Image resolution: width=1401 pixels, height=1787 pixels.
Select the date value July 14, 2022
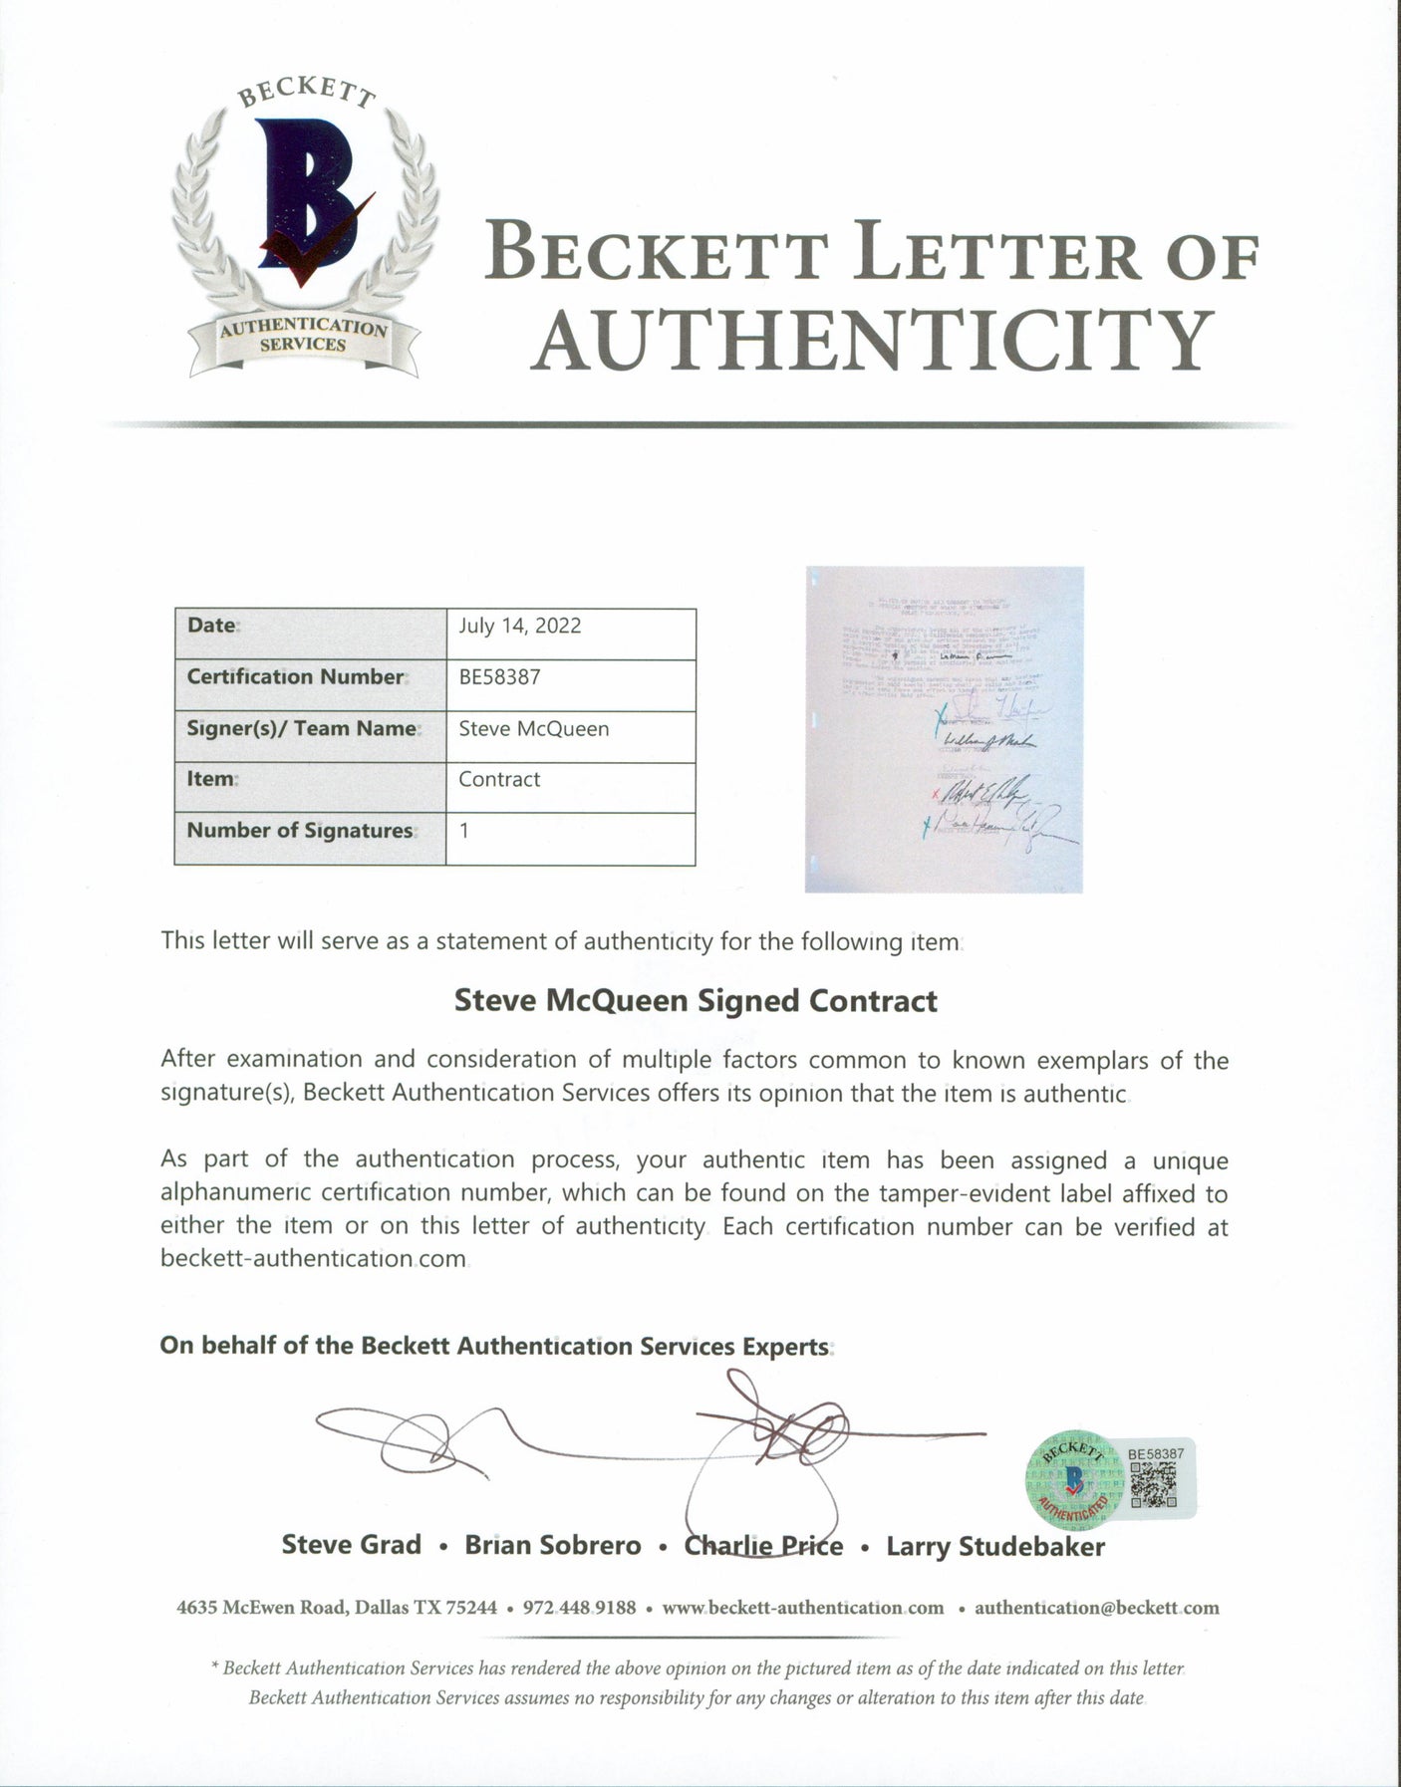click(x=519, y=626)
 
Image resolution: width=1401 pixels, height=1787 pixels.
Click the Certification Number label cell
click(x=295, y=676)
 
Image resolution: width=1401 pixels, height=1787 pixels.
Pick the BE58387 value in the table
click(x=499, y=676)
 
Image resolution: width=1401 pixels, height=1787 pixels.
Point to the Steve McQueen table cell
click(x=533, y=728)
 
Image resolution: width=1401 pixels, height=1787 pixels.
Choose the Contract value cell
click(x=499, y=779)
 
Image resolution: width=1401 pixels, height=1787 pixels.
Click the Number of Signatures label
click(x=300, y=830)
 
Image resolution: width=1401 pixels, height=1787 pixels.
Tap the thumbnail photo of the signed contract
click(x=944, y=729)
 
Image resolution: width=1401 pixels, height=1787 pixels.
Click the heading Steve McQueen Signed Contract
click(x=696, y=1000)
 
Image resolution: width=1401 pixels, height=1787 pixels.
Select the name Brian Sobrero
click(x=553, y=1545)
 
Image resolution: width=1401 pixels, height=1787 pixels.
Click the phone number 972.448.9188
click(x=578, y=1607)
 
